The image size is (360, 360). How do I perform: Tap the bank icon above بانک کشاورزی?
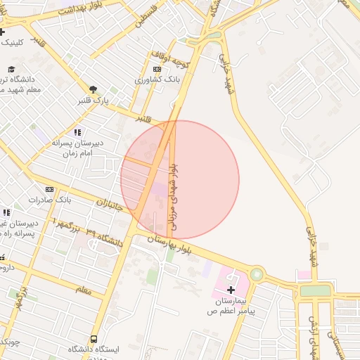(x=156, y=69)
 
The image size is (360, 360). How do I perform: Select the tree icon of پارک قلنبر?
(x=92, y=89)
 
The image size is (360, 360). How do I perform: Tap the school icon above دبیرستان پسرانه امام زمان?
(x=77, y=132)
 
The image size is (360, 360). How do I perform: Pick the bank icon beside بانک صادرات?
(x=49, y=189)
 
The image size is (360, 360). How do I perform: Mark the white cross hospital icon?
(x=231, y=289)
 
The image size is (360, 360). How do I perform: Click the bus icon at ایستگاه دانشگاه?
(x=94, y=339)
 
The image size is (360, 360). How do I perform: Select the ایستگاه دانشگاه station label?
(x=94, y=349)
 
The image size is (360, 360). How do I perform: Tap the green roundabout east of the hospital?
(x=257, y=275)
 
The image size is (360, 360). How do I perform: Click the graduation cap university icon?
(x=11, y=69)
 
